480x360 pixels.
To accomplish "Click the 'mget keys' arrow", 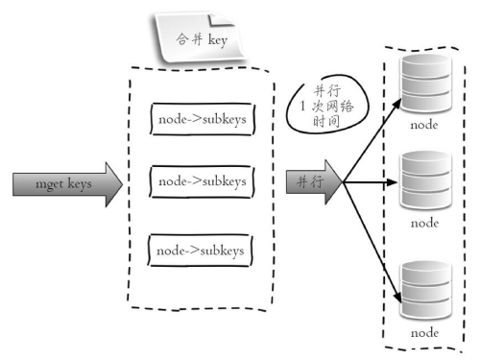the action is tap(67, 184).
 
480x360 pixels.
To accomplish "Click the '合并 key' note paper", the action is tap(199, 37).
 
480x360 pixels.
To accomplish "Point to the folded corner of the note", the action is tap(220, 19).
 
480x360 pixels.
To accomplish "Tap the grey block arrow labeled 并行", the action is tap(314, 182).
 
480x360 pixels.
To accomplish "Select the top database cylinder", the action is tap(426, 84).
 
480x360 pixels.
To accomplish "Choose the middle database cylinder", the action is tap(426, 180).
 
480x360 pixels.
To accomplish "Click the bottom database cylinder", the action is tap(426, 290).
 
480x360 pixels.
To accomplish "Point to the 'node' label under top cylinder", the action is tap(424, 125).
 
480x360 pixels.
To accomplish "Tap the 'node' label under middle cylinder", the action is tap(424, 223).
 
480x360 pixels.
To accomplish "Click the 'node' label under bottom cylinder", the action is tap(424, 333).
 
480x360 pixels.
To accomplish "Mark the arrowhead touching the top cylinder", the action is tap(397, 104).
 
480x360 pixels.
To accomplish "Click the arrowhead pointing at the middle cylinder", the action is tap(393, 182).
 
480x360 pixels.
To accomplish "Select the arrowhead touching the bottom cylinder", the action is tap(397, 297).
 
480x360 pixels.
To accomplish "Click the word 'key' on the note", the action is tap(218, 40).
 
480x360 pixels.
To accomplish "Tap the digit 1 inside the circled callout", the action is tap(302, 106).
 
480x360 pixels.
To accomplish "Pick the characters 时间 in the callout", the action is tap(326, 121).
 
